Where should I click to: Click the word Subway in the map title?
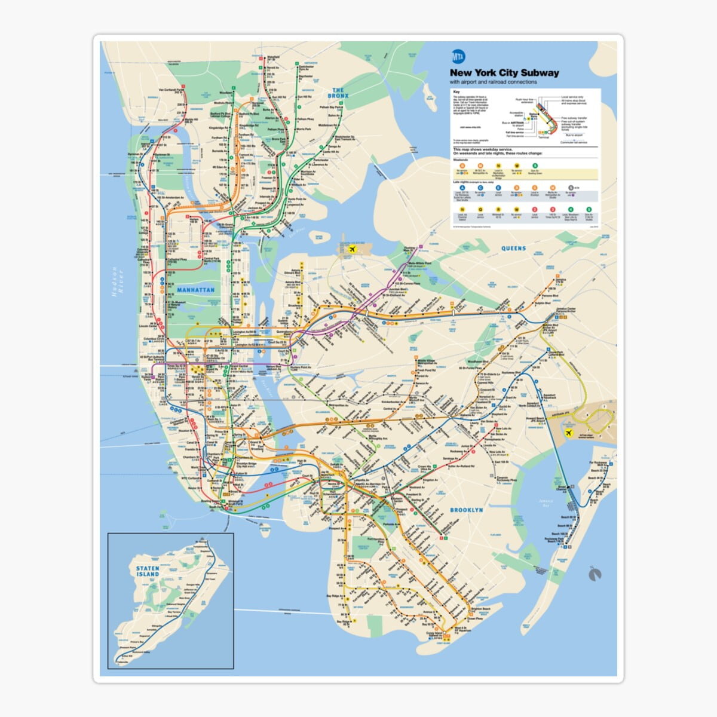coord(540,73)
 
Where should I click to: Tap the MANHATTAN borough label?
coord(195,290)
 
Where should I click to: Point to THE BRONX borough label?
coord(339,93)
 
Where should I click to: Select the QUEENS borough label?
coord(513,249)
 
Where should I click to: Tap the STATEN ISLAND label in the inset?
coord(147,571)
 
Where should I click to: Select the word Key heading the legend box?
coord(456,93)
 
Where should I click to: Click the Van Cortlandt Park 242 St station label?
coord(170,91)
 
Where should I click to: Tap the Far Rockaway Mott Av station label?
coord(597,464)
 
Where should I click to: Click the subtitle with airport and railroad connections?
coord(493,82)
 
